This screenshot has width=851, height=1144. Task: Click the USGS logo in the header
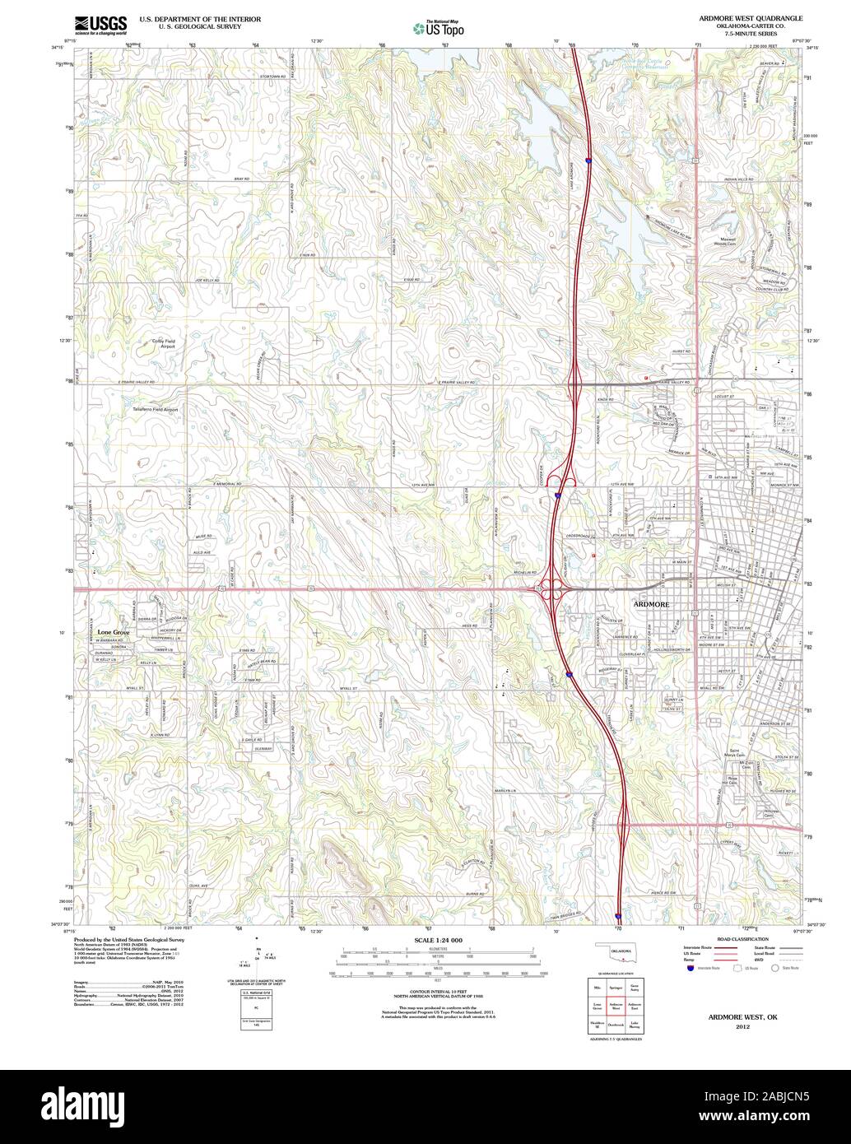pos(100,25)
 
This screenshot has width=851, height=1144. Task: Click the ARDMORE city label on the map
pos(653,604)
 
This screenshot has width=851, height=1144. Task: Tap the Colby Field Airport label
pos(164,343)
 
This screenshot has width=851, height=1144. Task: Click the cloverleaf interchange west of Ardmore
pos(548,588)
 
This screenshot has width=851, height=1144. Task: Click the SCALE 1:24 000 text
pos(438,940)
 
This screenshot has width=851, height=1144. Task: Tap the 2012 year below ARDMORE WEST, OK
pos(743,1027)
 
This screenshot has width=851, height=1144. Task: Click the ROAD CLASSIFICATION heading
pos(742,939)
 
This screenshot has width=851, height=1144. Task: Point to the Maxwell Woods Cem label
pos(723,241)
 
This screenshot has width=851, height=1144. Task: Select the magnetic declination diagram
pos(257,956)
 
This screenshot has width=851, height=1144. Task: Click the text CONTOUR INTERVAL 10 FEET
pos(437,992)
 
